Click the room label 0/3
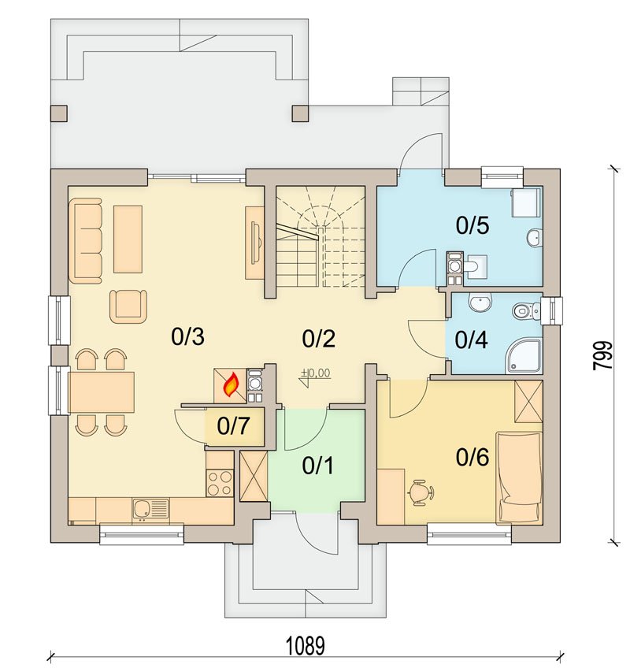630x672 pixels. (187, 336)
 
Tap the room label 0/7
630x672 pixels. (233, 426)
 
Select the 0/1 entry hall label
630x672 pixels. (318, 466)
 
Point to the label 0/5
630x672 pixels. (472, 225)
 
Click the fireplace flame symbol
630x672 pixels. (231, 384)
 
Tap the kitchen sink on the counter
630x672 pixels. (150, 509)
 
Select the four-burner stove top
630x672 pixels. (220, 483)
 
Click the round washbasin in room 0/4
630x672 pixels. (480, 303)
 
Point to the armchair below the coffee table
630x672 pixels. (128, 306)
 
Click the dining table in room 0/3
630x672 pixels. (102, 392)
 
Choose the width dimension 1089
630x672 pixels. (306, 646)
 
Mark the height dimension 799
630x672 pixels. (603, 355)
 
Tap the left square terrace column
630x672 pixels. (59, 113)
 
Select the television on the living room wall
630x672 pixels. (256, 242)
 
